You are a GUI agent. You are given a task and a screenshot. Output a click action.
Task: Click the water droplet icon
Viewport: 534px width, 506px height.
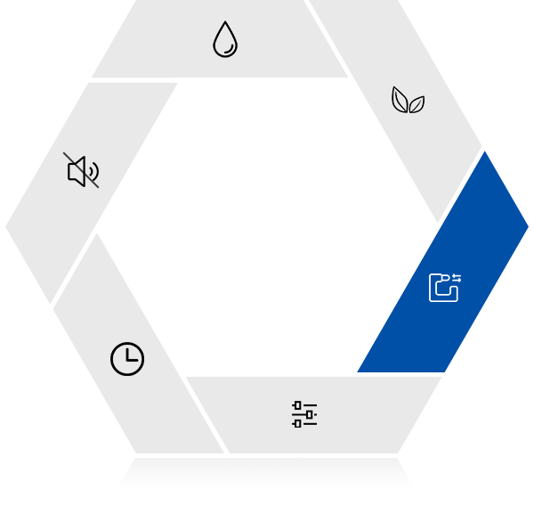225,40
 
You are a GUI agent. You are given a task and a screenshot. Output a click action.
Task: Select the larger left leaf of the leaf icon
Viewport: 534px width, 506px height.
400,100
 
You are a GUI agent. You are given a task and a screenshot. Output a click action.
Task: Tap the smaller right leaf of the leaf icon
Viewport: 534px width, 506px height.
417,105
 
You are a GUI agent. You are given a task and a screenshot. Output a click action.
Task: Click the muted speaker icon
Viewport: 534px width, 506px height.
82,171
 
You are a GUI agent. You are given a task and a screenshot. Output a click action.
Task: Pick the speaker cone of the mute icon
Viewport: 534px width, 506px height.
77,171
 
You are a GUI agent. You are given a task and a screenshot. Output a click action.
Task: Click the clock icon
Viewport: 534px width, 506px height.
127,359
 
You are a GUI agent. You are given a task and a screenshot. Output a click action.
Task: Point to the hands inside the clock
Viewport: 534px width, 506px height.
130,356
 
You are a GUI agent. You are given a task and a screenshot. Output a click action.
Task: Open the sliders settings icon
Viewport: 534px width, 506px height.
304,414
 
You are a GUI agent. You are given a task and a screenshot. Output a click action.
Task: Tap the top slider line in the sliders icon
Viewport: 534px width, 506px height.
304,406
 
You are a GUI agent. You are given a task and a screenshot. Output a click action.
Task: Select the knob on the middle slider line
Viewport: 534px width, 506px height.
309,414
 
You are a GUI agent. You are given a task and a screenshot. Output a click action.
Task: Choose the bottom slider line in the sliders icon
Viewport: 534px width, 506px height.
304,422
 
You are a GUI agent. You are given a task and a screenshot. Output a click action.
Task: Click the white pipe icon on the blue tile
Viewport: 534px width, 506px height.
442,289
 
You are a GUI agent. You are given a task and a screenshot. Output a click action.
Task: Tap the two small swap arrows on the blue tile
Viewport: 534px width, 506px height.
457,279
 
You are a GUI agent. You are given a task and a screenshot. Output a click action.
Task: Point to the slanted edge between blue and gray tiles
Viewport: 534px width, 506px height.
462,188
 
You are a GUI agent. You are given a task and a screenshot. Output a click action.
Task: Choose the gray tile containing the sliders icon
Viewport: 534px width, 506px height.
374,414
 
